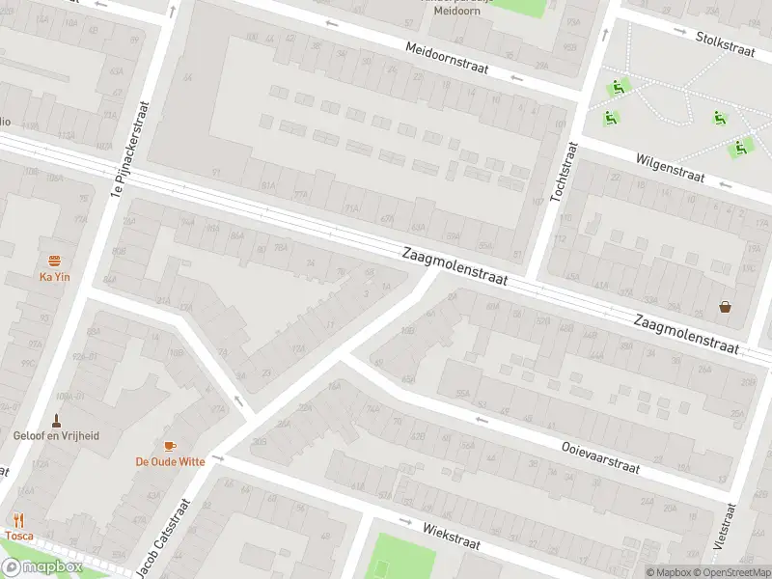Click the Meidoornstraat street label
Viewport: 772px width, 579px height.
pyautogui.click(x=447, y=59)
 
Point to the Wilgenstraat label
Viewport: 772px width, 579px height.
pyautogui.click(x=670, y=169)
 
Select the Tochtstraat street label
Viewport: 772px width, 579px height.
pyautogui.click(x=563, y=172)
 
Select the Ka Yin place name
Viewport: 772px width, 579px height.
pyautogui.click(x=55, y=278)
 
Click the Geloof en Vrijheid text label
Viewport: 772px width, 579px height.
pyautogui.click(x=56, y=435)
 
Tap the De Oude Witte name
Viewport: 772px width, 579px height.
pyautogui.click(x=170, y=461)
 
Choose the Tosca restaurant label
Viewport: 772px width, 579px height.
pyautogui.click(x=19, y=536)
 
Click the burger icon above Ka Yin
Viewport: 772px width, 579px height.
pyautogui.click(x=55, y=261)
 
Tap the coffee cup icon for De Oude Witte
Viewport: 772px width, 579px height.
pyautogui.click(x=170, y=446)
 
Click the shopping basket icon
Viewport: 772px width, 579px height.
pyautogui.click(x=725, y=308)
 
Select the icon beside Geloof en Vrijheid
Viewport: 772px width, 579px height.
pyautogui.click(x=56, y=420)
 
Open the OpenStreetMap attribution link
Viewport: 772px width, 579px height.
pyautogui.click(x=732, y=572)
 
